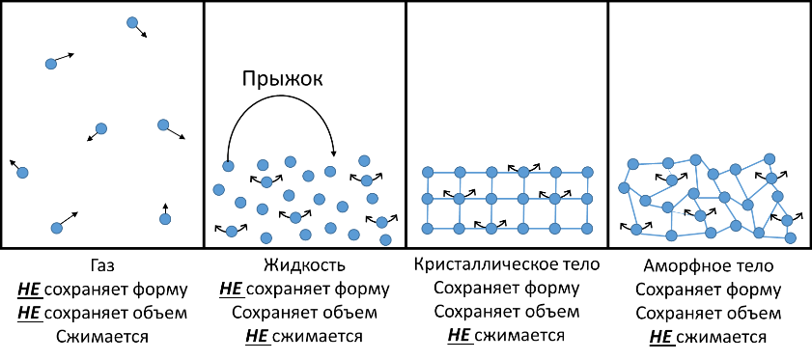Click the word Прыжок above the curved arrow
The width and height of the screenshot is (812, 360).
(282, 79)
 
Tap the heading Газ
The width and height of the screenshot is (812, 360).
(101, 266)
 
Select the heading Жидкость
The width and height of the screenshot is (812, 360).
(304, 266)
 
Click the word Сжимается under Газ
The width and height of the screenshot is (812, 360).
(101, 337)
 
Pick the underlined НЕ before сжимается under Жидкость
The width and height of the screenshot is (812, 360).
(258, 336)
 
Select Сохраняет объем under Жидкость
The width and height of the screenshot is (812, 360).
(304, 313)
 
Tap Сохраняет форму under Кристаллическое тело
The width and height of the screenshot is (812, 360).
(507, 288)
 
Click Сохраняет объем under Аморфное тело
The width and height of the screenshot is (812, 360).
(709, 314)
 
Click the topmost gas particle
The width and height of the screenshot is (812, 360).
(132, 22)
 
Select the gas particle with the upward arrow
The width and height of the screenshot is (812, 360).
(165, 219)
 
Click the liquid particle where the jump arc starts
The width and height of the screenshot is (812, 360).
(228, 166)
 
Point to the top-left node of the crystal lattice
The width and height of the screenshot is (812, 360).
(427, 172)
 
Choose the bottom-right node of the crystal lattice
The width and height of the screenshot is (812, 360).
(587, 228)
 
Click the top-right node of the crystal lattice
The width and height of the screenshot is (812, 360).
(587, 172)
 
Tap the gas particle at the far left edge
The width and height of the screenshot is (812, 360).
(22, 173)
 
